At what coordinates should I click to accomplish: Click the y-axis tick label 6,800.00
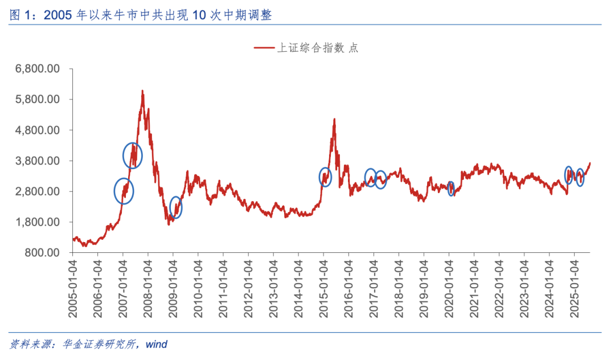point(38,69)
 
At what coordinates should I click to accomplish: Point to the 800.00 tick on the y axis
point(43,252)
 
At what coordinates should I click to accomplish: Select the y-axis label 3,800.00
point(38,161)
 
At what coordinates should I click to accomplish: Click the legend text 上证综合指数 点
point(317,48)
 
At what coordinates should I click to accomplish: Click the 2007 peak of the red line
point(142,91)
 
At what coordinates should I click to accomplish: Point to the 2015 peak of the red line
point(334,119)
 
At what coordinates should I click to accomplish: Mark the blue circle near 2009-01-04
point(176,207)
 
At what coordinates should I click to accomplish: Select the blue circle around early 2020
point(451,188)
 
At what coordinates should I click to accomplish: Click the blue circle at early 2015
point(325,177)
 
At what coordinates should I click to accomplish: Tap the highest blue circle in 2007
point(133,156)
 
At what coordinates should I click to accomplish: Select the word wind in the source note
point(156,344)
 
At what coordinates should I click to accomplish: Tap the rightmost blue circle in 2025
point(580,178)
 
